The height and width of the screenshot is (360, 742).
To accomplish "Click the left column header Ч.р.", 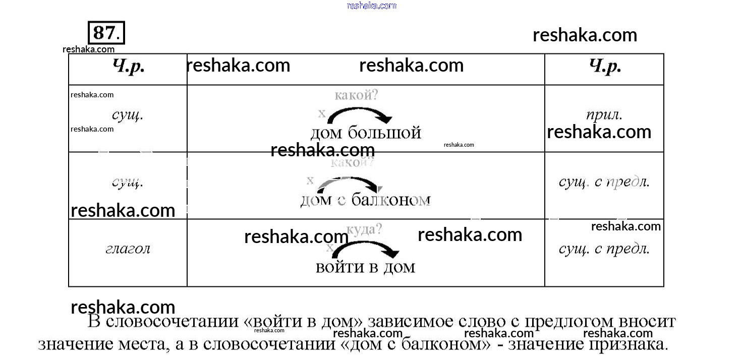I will (128, 68).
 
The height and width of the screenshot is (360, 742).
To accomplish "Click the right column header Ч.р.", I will (605, 68).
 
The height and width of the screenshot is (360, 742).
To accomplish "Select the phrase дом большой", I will (365, 133).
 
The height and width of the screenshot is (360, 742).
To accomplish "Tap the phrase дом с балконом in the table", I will (365, 200).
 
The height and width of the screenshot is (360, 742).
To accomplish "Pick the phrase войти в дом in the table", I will (365, 267).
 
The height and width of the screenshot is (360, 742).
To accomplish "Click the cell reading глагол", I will (128, 249).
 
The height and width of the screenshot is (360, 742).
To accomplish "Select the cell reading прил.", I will (604, 115).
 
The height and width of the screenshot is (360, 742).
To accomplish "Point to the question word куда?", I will (365, 230).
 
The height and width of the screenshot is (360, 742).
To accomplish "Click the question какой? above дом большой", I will (356, 95).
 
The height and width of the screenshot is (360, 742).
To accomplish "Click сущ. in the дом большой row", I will (128, 115).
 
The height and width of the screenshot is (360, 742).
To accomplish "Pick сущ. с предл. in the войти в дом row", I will (604, 249).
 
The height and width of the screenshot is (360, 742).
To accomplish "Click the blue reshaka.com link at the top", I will (372, 6).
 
